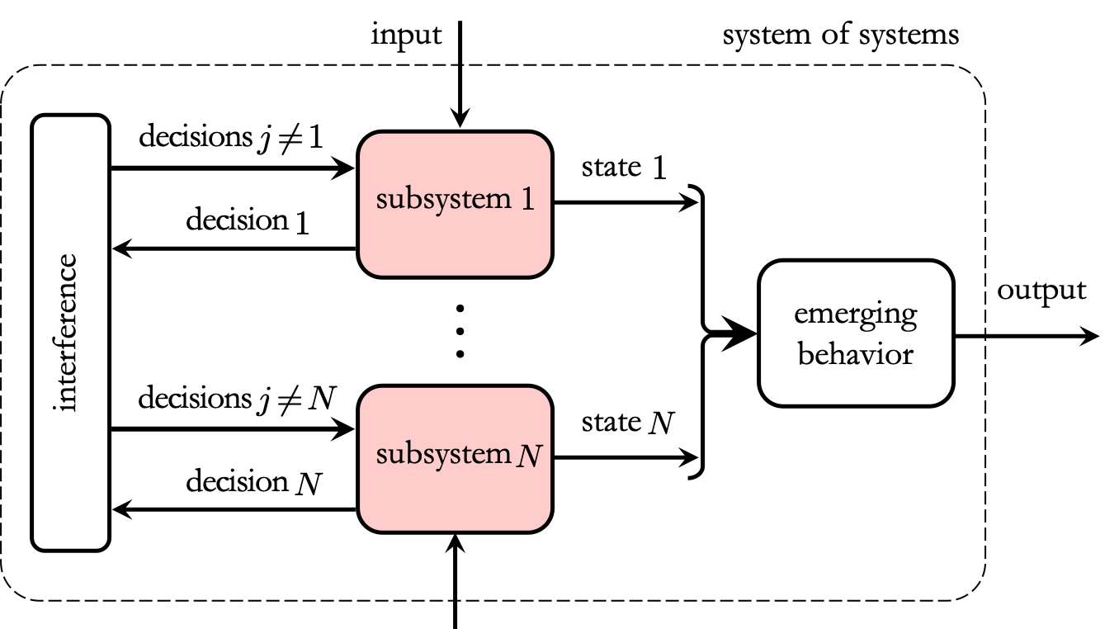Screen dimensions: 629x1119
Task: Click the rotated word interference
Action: (x=67, y=333)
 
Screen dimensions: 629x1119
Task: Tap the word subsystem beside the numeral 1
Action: (x=443, y=200)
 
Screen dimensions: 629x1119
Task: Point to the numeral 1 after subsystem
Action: (x=527, y=199)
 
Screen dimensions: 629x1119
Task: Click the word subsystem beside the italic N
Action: (x=443, y=455)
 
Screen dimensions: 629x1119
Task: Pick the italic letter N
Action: (x=529, y=455)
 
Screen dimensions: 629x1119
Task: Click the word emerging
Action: (x=856, y=314)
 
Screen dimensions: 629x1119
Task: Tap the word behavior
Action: (x=856, y=354)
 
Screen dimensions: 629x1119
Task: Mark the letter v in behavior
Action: (x=873, y=356)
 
